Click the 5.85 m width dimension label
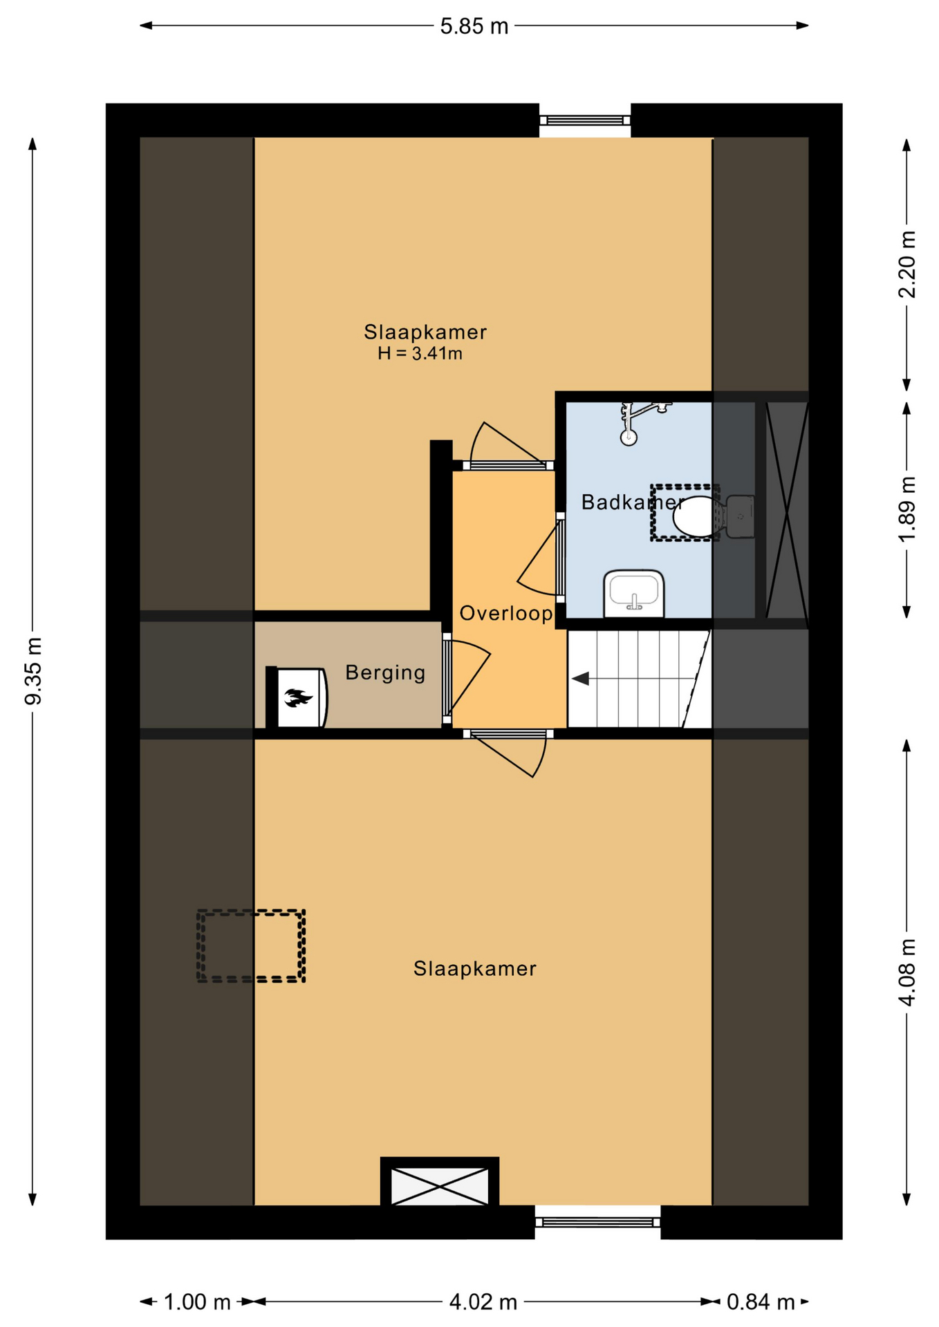474,26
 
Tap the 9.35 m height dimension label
33,671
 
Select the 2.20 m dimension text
907,265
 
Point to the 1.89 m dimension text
907,509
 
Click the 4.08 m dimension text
907,972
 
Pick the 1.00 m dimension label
197,1302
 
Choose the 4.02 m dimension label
483,1302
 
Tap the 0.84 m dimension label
761,1302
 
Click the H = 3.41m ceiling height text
420,354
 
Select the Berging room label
385,672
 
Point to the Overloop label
506,613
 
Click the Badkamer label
633,502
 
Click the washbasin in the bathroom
634,593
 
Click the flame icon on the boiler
298,698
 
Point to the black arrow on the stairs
580,679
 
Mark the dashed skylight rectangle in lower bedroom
251,945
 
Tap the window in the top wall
585,120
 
